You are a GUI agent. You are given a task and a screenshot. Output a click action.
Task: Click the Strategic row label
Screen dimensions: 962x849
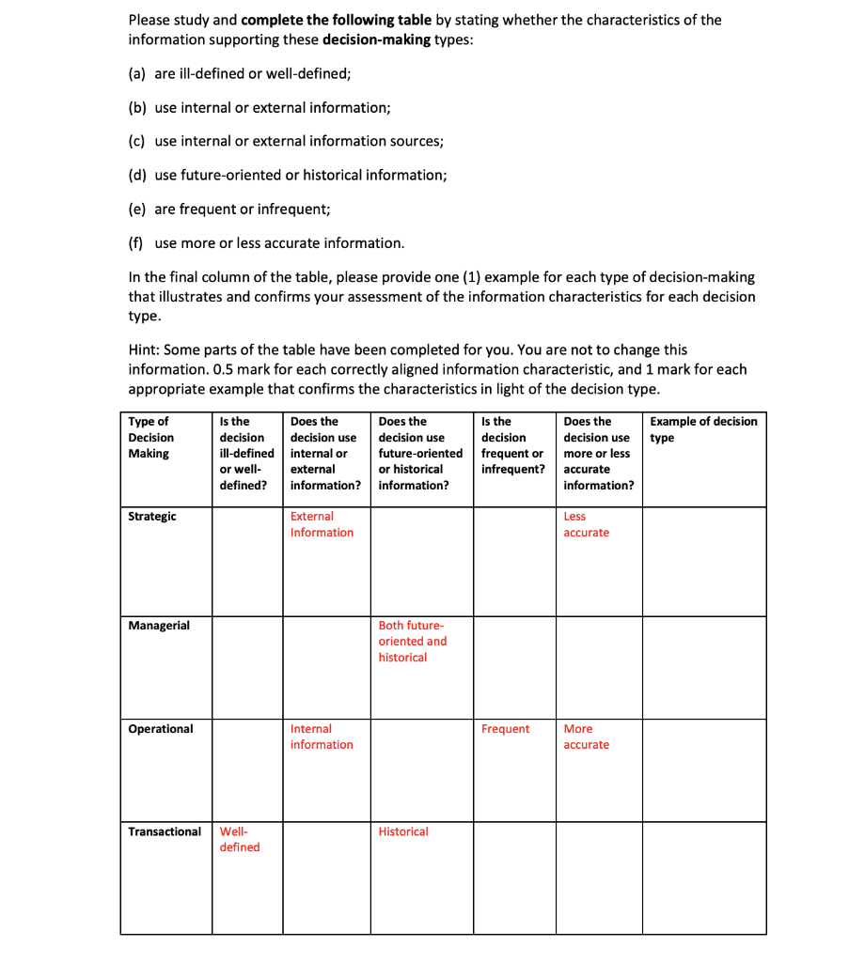[x=152, y=517]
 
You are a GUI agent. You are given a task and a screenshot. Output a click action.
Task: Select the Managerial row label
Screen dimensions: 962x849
[x=159, y=626]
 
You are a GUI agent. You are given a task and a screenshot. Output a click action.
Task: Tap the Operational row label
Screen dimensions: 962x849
[x=161, y=729]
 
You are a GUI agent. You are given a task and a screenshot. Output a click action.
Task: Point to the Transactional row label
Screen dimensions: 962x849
[x=165, y=831]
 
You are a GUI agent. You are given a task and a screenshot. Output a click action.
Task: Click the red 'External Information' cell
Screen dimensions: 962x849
[x=322, y=524]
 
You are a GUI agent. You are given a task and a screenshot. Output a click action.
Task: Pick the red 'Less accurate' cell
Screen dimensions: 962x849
[x=586, y=524]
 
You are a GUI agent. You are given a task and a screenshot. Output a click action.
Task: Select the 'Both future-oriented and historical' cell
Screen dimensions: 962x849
[x=413, y=641]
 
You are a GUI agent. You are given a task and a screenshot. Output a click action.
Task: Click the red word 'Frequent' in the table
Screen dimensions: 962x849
[x=505, y=729]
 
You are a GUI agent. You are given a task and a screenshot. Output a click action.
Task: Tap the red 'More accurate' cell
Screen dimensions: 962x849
[x=586, y=737]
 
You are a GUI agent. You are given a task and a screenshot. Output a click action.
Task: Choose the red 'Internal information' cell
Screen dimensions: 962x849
[x=322, y=737]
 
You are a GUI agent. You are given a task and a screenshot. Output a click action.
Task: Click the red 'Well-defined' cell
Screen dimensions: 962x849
[x=240, y=839]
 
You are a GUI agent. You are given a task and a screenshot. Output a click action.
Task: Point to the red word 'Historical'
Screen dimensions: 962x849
[x=403, y=831]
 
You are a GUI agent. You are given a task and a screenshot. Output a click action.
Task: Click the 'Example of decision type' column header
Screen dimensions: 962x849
[x=702, y=429]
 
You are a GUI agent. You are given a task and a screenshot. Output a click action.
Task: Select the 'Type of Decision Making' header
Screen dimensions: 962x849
[x=150, y=437]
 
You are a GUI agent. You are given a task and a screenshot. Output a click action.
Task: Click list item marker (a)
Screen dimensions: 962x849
[x=137, y=73]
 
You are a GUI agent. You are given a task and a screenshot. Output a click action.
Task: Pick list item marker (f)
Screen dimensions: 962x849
[x=136, y=243]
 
